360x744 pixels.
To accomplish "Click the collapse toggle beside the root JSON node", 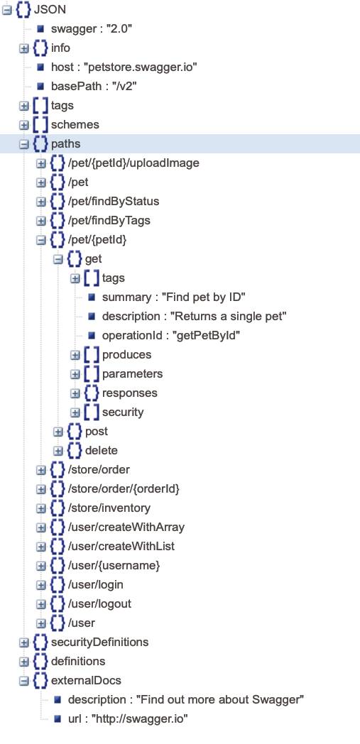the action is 6,10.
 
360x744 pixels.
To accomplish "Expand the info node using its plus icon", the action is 23,48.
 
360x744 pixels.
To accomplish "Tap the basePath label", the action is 70,87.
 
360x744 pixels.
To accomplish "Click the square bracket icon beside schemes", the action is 40,125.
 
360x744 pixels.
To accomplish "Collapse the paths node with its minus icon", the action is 23,144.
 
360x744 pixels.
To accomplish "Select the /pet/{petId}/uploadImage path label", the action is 133,163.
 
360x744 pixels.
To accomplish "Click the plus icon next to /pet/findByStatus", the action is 40,202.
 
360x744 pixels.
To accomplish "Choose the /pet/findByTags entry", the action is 109,221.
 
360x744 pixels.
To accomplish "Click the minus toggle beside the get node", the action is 58,259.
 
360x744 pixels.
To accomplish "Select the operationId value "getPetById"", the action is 208,336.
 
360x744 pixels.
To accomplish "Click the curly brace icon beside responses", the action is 92,393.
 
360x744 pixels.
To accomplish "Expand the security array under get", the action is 75,412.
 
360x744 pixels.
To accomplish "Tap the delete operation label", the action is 101,450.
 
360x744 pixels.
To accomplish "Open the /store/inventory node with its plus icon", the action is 40,508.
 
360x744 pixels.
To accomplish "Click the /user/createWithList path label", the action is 121,546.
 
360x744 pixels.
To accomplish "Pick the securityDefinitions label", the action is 99,642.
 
